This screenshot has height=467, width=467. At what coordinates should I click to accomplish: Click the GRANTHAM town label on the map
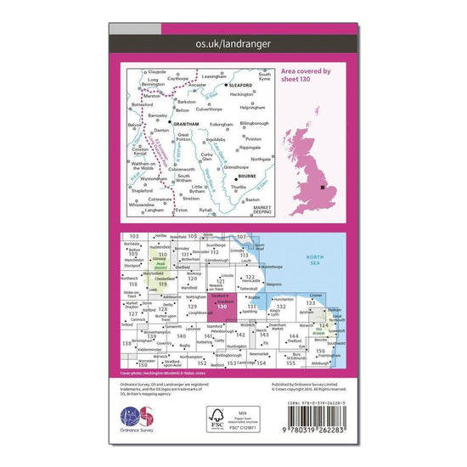pos(185,124)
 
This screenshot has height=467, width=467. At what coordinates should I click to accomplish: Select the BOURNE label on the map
pos(247,178)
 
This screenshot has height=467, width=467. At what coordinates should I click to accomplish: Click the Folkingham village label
pos(219,127)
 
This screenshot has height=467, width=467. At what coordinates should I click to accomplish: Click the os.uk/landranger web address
pos(233,38)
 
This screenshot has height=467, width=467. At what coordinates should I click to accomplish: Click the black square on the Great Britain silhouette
pos(322,187)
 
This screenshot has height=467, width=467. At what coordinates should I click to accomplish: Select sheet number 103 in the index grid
pos(132,235)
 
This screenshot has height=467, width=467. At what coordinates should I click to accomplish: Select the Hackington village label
pos(247,96)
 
